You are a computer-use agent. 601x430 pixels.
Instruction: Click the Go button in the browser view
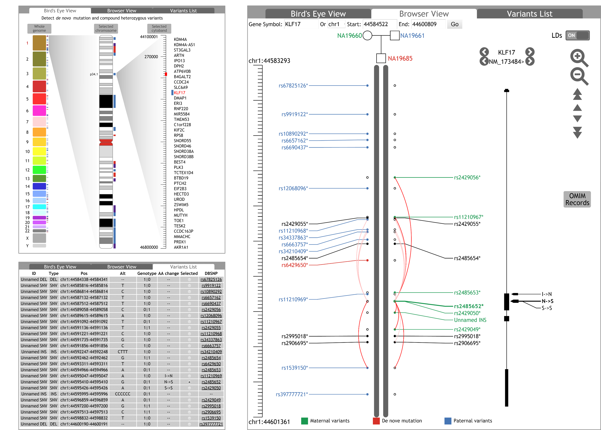point(455,24)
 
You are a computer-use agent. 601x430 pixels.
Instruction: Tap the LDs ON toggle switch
point(577,35)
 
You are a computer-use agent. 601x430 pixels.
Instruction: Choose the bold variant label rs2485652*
point(468,306)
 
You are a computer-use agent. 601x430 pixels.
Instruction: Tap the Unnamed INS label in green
point(470,320)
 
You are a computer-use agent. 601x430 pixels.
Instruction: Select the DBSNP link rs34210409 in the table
point(211,352)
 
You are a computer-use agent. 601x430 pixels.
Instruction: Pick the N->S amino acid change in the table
point(168,382)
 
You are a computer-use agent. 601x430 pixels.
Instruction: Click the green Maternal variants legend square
point(304,421)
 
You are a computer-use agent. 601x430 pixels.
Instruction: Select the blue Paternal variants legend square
point(448,421)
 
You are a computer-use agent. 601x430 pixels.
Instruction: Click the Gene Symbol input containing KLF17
point(301,24)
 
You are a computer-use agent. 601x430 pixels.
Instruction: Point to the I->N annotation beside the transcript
point(547,294)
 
